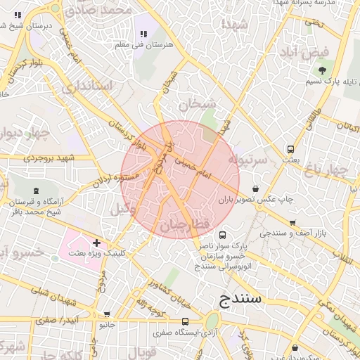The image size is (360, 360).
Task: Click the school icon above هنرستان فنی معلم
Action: coord(143,34)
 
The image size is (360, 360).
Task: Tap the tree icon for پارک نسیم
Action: coord(323,70)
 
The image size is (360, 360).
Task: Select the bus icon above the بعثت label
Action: coord(290,150)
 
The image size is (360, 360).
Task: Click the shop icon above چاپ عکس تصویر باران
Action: coord(255,188)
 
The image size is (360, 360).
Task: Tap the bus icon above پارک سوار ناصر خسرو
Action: coord(223,235)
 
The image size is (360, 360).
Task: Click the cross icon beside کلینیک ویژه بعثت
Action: coord(96,243)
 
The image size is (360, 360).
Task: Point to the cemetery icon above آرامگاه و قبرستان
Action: coord(35,191)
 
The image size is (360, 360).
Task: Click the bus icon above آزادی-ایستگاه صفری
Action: coord(185,321)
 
